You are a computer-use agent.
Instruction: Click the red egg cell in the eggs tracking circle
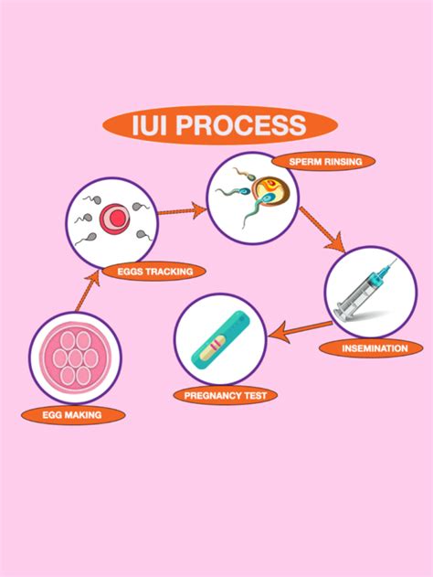[113, 218]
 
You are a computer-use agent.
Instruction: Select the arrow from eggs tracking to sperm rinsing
[182, 210]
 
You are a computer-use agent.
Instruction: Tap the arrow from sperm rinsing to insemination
[322, 229]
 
